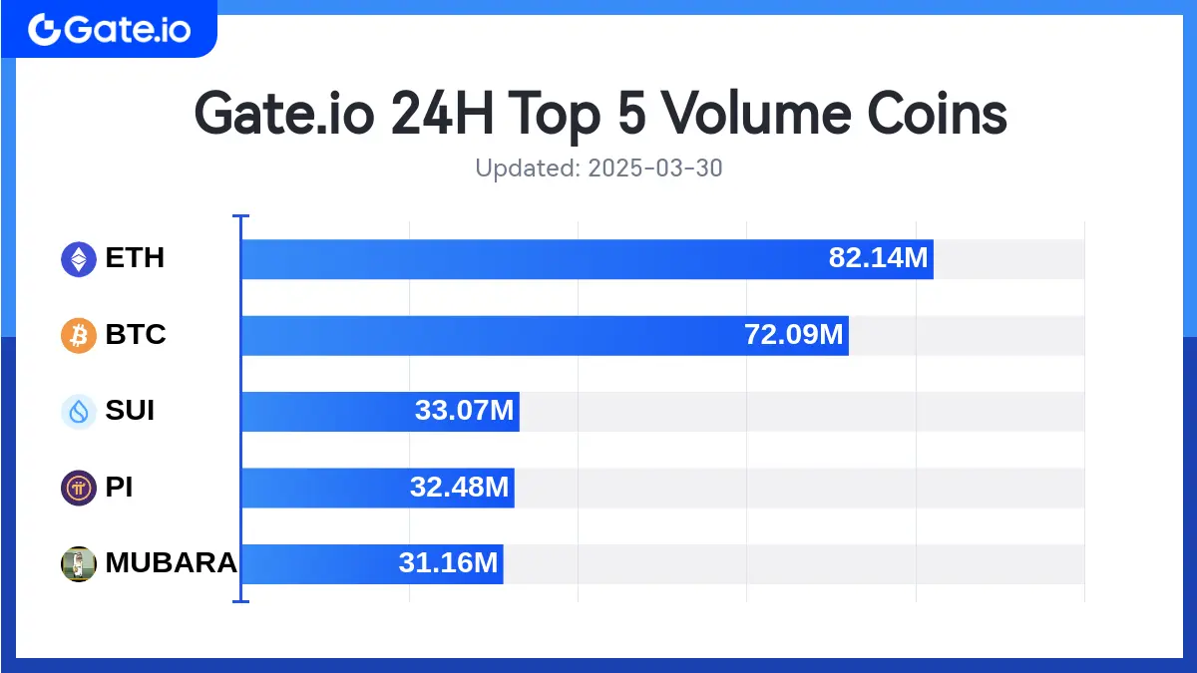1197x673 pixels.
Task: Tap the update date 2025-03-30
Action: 654,168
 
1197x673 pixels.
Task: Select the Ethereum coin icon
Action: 79,259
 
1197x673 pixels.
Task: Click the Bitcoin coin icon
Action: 79,335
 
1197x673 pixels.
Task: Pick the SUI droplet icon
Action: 79,411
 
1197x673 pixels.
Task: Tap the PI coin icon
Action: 79,488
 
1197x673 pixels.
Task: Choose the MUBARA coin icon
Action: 79,563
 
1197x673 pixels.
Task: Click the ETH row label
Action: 135,259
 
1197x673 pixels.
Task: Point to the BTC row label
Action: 136,335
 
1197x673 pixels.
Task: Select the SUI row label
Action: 130,411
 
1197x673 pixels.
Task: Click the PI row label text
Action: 119,488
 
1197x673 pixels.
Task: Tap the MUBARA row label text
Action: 171,563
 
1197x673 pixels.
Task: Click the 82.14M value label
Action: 878,259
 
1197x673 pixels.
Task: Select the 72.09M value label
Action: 794,335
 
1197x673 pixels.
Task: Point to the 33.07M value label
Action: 464,411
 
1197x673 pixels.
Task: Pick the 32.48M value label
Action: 459,488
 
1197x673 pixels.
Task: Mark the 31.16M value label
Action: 448,563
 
